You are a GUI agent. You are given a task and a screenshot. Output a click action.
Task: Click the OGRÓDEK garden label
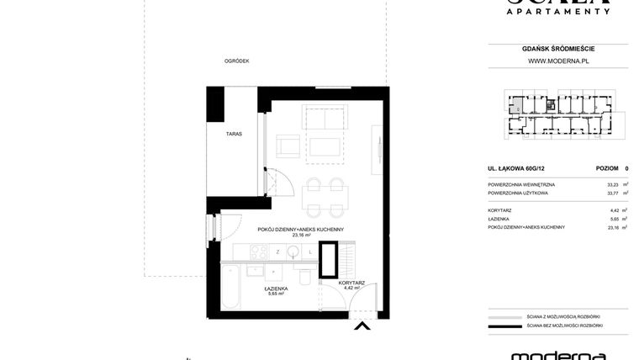[236, 61]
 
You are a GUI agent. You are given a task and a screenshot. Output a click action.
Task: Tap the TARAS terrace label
[234, 134]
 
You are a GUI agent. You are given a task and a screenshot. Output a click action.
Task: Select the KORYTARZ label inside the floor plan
[351, 283]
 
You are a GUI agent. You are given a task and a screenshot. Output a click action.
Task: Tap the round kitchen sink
[293, 251]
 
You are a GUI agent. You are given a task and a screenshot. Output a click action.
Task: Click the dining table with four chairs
[324, 198]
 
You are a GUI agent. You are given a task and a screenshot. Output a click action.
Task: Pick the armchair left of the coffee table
[288, 146]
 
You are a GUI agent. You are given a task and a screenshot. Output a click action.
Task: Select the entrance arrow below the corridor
[362, 326]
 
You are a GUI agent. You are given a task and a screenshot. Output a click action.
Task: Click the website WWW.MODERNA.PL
[557, 61]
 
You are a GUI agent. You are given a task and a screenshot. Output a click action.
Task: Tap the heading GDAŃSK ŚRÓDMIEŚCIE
[557, 49]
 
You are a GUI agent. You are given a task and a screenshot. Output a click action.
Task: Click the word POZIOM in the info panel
[606, 168]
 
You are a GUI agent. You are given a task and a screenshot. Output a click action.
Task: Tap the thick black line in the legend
[504, 326]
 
